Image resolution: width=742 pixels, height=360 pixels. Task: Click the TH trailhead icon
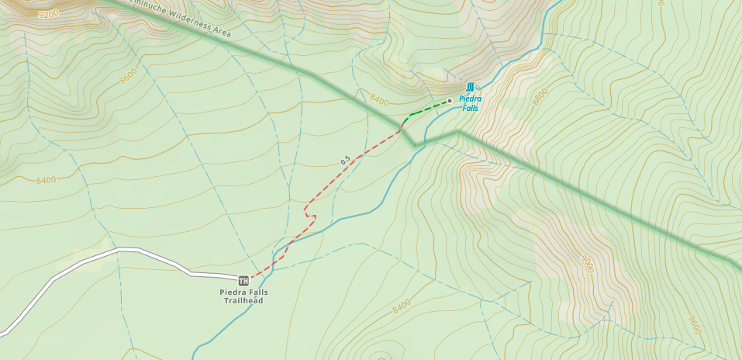click(243, 280)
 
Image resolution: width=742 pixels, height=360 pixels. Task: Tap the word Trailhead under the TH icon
click(243, 300)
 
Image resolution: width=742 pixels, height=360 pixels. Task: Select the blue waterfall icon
click(470, 86)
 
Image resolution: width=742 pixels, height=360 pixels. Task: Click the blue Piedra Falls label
click(470, 103)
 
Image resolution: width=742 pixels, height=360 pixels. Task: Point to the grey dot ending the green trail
click(450, 100)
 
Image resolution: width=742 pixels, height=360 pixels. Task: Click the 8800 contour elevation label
click(540, 95)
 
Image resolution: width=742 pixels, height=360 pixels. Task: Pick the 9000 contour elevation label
click(588, 264)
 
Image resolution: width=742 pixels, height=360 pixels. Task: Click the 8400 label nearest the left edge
click(46, 180)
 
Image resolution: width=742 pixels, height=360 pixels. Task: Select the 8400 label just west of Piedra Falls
click(379, 100)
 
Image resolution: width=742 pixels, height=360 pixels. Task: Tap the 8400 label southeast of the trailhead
click(401, 307)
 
